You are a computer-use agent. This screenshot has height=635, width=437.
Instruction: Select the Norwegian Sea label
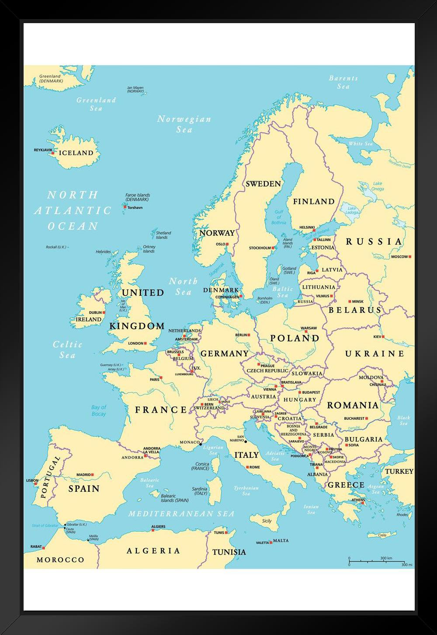[184, 124]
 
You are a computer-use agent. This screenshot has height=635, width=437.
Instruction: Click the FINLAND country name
[313, 201]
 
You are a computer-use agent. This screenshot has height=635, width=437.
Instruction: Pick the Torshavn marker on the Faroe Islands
[125, 207]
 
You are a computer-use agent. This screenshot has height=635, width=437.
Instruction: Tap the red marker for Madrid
[93, 474]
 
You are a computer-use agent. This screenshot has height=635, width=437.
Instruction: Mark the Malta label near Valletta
[281, 541]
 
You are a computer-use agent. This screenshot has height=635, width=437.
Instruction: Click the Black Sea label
[403, 421]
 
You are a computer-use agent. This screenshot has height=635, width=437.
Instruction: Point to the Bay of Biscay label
[99, 410]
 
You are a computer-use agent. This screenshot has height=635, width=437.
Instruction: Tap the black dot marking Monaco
[201, 445]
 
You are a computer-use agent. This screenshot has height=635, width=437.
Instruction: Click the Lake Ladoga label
[352, 211]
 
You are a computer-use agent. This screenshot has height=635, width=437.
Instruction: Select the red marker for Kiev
[383, 337]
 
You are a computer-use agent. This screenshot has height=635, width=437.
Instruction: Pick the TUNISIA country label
[229, 552]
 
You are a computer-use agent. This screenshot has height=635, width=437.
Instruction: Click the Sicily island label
[267, 521]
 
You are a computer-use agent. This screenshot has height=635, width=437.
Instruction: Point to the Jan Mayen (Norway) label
[135, 90]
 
